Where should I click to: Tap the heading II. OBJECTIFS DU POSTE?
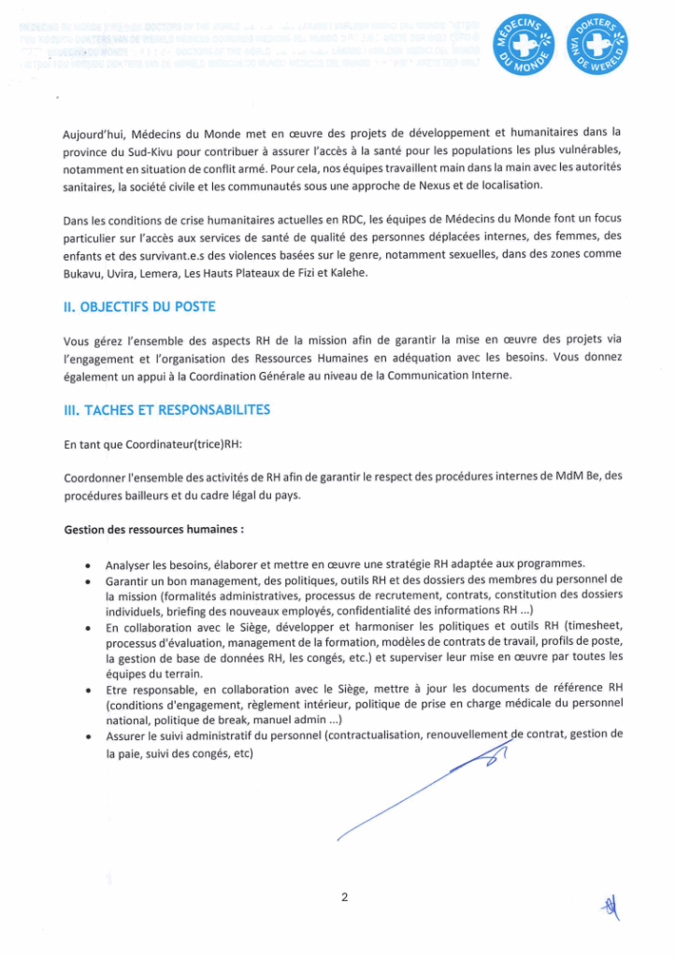tap(139, 307)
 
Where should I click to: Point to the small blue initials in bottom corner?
tap(611, 905)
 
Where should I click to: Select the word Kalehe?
tap(350, 273)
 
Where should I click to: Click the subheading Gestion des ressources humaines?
tap(153, 529)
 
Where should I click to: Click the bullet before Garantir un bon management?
tap(87, 581)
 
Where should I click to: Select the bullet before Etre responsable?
tap(87, 690)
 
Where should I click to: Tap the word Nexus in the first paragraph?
tap(445, 185)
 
